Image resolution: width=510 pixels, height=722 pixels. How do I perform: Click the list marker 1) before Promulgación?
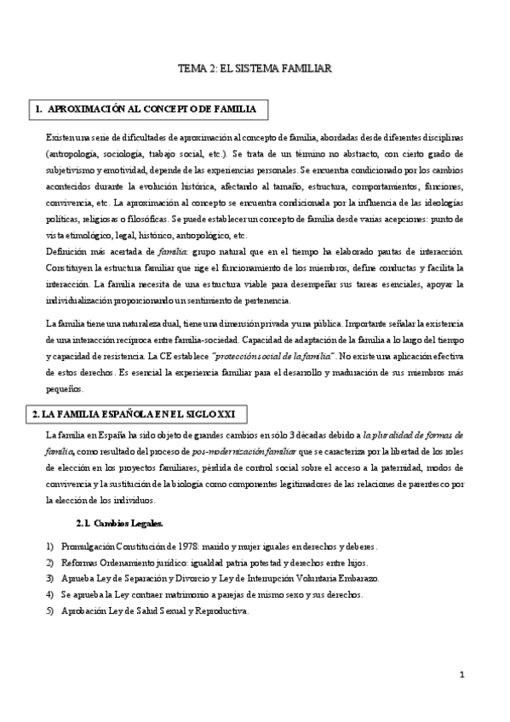(x=39, y=545)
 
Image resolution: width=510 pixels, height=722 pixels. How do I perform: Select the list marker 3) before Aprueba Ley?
(x=39, y=578)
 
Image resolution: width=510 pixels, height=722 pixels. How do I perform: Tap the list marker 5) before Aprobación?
(x=39, y=611)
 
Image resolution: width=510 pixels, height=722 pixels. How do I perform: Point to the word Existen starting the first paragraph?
(x=61, y=138)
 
